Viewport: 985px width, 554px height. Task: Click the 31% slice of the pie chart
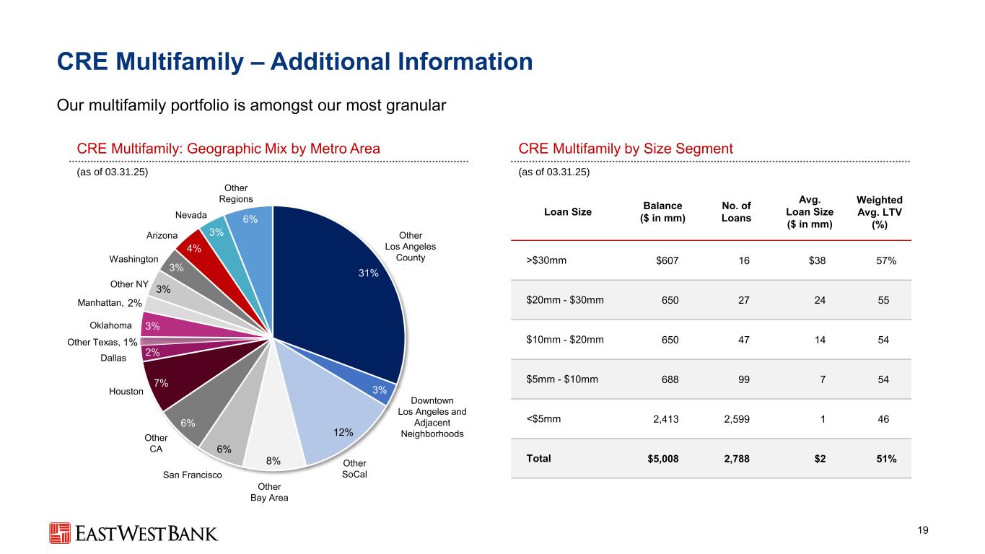pyautogui.click(x=339, y=289)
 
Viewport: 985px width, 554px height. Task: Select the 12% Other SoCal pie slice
pyautogui.click(x=339, y=426)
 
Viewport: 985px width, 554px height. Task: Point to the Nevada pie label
pyautogui.click(x=191, y=216)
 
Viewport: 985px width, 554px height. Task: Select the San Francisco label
pyautogui.click(x=193, y=475)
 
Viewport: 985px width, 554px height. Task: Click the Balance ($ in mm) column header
pyautogui.click(x=662, y=211)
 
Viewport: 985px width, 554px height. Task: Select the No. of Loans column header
pyautogui.click(x=737, y=211)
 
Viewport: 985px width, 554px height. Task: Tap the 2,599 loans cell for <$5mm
pyautogui.click(x=736, y=418)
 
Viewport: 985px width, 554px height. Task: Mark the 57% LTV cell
pyautogui.click(x=886, y=261)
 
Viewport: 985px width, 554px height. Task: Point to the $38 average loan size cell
pyautogui.click(x=816, y=261)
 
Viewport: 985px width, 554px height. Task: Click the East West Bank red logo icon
pyautogui.click(x=60, y=533)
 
